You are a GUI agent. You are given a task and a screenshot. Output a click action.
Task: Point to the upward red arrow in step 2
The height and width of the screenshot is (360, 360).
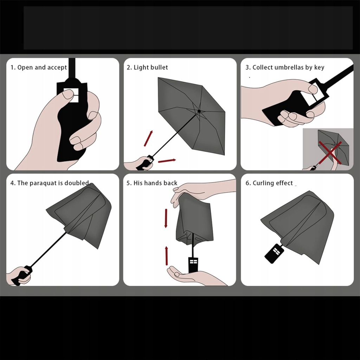(148, 138)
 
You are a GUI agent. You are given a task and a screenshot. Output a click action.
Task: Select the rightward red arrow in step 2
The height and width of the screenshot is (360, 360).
(167, 160)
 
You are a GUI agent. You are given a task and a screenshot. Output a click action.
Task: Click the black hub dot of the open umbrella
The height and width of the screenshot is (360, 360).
(199, 111)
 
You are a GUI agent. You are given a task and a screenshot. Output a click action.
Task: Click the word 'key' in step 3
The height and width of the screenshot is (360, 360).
(319, 67)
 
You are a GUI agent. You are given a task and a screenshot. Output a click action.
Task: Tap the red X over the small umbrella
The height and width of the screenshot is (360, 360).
(330, 153)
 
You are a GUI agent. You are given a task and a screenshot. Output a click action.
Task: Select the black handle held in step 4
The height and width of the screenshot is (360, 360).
(22, 275)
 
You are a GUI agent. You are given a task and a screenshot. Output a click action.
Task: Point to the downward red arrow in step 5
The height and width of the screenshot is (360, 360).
(166, 218)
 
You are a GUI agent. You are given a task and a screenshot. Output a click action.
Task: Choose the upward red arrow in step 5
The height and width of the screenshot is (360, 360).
(166, 256)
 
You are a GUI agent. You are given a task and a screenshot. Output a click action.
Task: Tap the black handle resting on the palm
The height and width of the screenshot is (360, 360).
(193, 265)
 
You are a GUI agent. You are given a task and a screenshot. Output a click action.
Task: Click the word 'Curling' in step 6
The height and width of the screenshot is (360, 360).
(263, 183)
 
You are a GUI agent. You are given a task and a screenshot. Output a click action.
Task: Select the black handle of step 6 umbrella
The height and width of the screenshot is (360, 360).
(274, 253)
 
